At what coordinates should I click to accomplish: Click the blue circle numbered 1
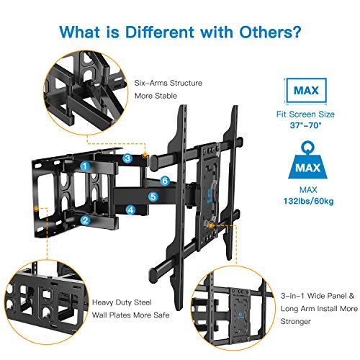pyautogui.click(x=86, y=166)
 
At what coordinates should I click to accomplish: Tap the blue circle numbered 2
pyautogui.click(x=85, y=220)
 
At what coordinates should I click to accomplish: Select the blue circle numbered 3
pyautogui.click(x=127, y=158)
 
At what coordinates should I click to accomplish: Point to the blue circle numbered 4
pyautogui.click(x=130, y=210)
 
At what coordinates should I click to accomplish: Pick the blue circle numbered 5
pyautogui.click(x=153, y=195)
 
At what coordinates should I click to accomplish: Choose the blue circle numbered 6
pyautogui.click(x=165, y=181)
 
